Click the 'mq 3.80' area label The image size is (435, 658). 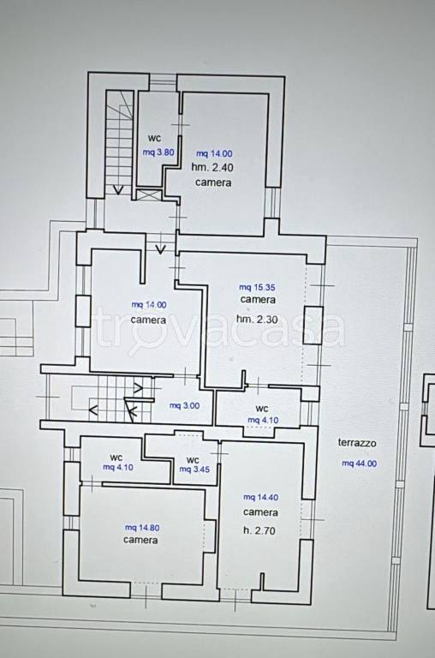[x=158, y=153]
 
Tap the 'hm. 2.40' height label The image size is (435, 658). [x=212, y=167]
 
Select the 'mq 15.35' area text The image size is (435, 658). [x=257, y=288]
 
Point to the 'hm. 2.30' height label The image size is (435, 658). [x=257, y=320]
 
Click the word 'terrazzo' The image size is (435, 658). [x=357, y=443]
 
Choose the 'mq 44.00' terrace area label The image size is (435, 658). [x=359, y=464]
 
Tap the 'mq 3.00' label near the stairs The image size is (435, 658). [x=184, y=406]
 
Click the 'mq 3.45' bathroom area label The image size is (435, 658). [x=194, y=470]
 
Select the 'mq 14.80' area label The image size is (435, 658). [x=142, y=528]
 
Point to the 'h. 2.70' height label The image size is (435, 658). [x=259, y=531]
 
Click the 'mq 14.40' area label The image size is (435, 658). [x=260, y=497]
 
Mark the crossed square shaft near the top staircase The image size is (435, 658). [x=149, y=195]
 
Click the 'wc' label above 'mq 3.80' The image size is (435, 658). [x=154, y=138]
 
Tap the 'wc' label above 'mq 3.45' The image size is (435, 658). [x=193, y=460]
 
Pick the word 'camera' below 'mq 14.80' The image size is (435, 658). [x=140, y=540]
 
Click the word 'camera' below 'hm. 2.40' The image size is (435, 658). [x=213, y=183]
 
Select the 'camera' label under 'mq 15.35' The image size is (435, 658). [x=258, y=300]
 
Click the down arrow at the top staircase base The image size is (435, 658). [x=119, y=190]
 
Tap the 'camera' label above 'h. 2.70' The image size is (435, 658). [x=260, y=513]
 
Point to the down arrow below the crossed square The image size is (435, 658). [x=160, y=249]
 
